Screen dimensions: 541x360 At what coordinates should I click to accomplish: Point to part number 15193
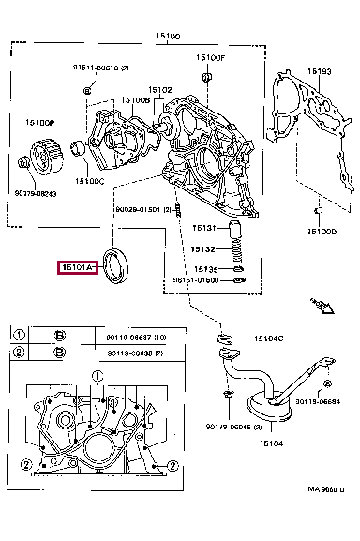(x=320, y=71)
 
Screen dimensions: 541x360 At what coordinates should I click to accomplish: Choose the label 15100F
(x=211, y=57)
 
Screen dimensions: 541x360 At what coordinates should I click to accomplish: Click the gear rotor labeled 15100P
(x=43, y=156)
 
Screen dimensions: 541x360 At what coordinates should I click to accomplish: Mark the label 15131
(x=204, y=227)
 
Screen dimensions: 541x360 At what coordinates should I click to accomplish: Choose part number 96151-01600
(x=195, y=280)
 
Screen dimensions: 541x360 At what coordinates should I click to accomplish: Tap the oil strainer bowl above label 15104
(x=271, y=411)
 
